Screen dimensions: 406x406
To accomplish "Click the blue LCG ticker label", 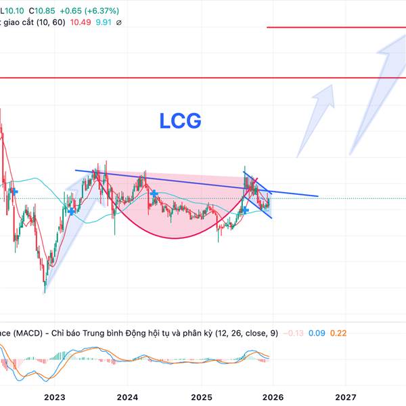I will (x=180, y=121).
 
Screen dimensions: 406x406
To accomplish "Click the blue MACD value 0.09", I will (x=319, y=333).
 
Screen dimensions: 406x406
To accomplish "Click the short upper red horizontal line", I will (x=336, y=27).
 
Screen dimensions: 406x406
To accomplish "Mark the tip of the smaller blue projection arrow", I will (x=334, y=85).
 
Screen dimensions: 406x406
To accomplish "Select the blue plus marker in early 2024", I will (x=155, y=194).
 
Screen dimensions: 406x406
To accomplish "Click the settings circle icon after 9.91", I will (x=118, y=22).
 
